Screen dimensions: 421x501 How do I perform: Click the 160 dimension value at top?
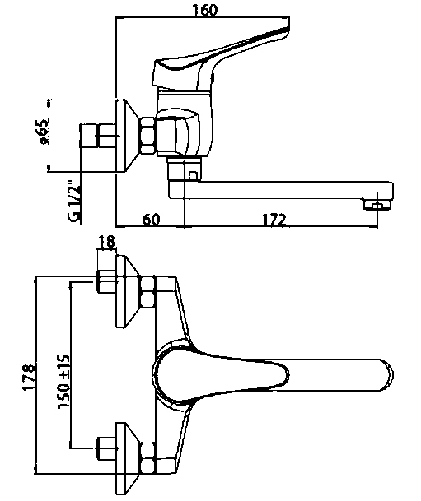205,10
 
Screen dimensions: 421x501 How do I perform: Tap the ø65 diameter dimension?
43,132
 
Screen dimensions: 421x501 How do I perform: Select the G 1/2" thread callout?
73,202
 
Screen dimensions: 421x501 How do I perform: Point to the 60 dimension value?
151,220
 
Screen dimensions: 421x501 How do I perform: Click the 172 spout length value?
274,220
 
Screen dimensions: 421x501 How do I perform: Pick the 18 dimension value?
106,242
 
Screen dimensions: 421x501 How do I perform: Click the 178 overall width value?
28,377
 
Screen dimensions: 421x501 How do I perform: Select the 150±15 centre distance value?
63,381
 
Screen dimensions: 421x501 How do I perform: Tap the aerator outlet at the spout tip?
377,205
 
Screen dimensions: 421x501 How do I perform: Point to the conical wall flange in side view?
128,136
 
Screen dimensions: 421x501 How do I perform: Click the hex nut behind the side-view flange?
147,136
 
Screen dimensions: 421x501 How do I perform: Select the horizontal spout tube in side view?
280,191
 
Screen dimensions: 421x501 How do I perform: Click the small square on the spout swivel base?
194,175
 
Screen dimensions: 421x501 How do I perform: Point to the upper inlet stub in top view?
106,281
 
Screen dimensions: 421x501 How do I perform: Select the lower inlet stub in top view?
106,448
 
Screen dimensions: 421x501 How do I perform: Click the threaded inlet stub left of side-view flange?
98,136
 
